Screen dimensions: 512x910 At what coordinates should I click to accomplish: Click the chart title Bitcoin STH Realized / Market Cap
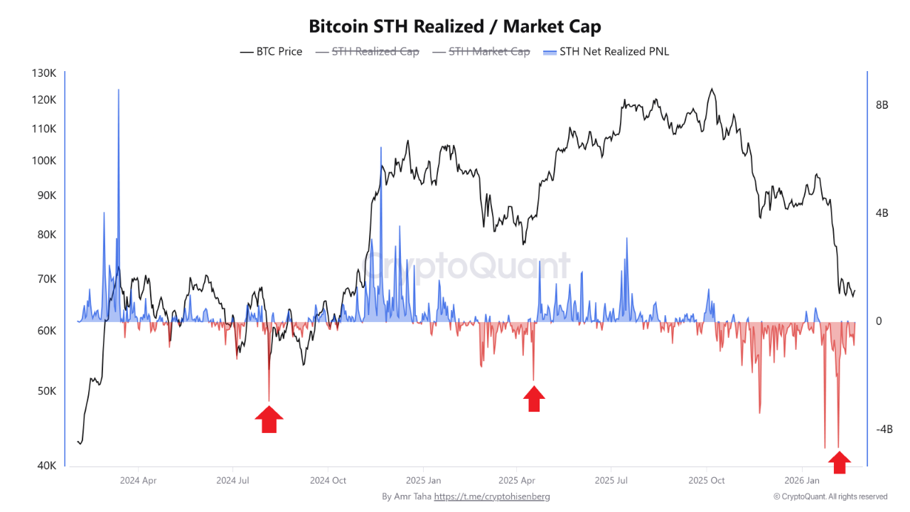455,27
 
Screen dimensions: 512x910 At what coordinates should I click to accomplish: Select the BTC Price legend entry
272,51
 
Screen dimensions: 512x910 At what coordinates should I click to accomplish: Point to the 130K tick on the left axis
44,73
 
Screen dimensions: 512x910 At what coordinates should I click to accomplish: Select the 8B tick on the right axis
882,105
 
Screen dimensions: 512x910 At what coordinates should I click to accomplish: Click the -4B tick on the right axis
884,430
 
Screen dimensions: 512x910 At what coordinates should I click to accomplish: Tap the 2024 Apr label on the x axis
139,480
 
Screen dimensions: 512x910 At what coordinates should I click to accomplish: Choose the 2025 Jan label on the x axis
423,480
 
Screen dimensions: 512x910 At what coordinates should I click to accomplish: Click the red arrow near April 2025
534,399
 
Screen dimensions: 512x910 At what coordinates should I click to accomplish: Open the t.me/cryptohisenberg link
492,496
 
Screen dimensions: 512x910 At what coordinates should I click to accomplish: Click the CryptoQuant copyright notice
830,496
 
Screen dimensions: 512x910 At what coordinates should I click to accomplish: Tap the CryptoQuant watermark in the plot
467,266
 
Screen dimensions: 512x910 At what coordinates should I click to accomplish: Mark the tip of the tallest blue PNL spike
118,90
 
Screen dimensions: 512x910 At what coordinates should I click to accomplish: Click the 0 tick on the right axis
879,321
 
